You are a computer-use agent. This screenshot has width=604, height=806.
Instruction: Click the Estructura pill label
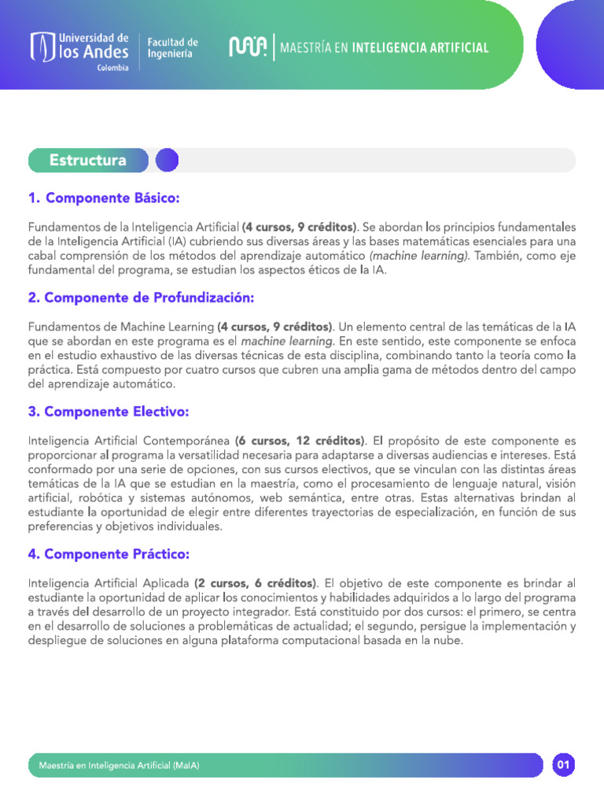point(88,161)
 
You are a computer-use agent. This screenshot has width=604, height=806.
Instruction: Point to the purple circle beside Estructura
point(167,161)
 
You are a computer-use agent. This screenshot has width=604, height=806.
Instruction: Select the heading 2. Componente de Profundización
point(141,298)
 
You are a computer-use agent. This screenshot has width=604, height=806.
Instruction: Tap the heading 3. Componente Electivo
point(109,412)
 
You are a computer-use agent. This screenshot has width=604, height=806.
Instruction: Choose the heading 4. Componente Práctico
point(109,554)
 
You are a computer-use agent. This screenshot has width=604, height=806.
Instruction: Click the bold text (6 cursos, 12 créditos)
point(300,440)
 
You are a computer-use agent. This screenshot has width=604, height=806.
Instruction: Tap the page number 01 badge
point(563,764)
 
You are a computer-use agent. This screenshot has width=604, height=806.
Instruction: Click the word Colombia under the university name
point(113,68)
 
